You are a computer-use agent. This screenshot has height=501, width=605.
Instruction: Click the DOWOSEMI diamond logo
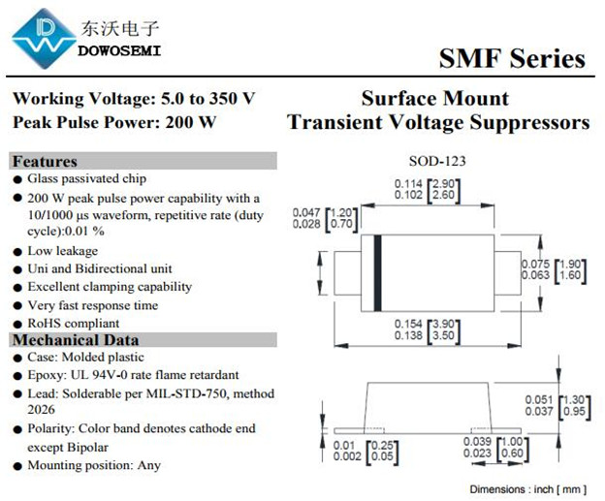(x=44, y=39)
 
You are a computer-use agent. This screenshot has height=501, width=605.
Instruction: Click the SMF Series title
(x=512, y=58)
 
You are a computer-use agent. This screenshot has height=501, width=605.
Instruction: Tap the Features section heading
(x=45, y=161)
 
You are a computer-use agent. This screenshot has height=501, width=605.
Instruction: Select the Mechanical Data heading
(x=76, y=340)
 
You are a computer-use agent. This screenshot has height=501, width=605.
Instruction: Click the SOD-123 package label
(x=437, y=161)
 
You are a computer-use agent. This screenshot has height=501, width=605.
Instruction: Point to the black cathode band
(x=378, y=272)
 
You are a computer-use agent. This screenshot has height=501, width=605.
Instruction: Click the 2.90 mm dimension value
(x=444, y=183)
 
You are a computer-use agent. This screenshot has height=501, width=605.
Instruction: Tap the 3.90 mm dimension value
(x=444, y=324)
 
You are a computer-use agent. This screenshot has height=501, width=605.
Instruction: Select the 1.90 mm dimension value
(x=570, y=265)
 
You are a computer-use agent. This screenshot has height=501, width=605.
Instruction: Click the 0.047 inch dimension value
(x=306, y=212)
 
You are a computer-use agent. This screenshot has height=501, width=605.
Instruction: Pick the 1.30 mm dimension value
(x=574, y=400)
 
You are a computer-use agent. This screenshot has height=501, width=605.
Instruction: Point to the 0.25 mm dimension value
(x=382, y=446)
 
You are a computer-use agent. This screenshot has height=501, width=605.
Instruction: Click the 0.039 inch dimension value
(x=477, y=442)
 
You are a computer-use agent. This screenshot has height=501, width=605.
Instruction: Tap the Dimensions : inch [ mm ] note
(x=528, y=489)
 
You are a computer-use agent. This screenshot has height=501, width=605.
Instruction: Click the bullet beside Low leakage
(x=17, y=252)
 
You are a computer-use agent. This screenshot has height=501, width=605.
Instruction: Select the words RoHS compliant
(x=74, y=324)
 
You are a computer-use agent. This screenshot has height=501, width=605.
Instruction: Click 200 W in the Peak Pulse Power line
(x=191, y=122)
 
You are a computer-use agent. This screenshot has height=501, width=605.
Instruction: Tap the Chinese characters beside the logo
(x=119, y=28)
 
